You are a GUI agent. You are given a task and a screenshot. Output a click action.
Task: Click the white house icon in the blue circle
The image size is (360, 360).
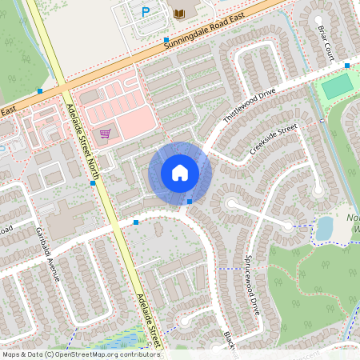point(180,172)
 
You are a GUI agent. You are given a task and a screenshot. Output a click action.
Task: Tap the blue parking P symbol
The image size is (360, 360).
point(146,11)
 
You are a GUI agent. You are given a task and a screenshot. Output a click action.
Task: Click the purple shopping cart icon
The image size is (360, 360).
point(105,134)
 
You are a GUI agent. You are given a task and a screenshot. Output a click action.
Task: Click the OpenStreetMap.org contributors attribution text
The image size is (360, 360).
point(108,354)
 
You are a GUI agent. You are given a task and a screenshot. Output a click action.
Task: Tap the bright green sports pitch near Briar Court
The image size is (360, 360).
point(338,84)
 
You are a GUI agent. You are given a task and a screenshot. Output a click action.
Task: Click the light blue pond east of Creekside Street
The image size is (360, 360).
point(324,230)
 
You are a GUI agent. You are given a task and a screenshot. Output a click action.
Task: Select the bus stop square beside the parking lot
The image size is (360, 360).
point(166,39)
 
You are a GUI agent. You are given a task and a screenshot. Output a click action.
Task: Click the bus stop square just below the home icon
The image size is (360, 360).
point(189,202)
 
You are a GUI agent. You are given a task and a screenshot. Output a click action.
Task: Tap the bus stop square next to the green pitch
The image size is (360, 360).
point(347,66)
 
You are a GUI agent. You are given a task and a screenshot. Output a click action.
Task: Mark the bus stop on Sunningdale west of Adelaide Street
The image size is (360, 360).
point(40,91)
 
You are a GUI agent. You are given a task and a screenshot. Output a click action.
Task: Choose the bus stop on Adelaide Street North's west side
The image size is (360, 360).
point(94,183)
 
